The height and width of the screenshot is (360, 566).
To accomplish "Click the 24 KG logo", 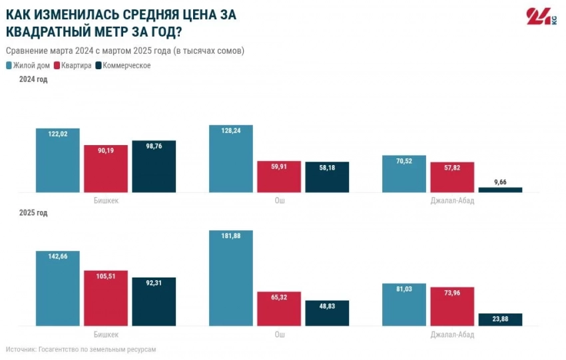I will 541,17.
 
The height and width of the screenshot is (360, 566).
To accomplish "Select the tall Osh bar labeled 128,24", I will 231,159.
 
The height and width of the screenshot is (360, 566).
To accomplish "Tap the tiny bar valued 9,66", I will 500,190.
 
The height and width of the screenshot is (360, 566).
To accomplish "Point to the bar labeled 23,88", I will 500,319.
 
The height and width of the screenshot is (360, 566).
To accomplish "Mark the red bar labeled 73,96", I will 452,306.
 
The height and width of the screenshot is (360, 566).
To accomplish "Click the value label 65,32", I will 279,297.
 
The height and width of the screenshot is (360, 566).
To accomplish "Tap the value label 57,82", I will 452,168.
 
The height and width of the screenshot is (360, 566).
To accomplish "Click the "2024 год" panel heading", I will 33,80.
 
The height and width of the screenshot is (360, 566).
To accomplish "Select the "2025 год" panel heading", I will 33,213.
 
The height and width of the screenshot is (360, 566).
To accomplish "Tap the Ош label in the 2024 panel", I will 279,200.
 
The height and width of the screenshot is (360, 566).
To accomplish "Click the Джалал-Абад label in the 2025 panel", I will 452,334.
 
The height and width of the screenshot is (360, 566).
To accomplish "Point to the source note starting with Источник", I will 81,349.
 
